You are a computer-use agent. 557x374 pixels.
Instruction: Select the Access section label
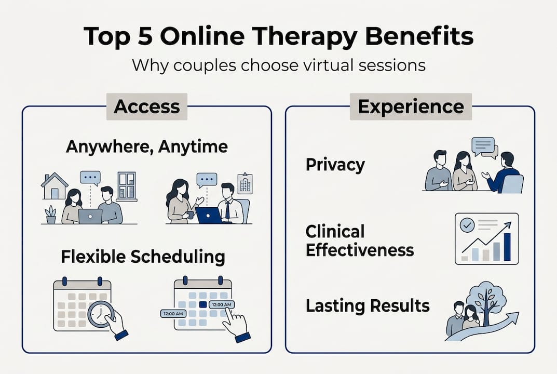[x=146, y=106]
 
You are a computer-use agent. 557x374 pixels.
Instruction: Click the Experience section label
[x=411, y=106]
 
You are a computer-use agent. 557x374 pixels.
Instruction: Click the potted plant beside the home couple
[x=51, y=214]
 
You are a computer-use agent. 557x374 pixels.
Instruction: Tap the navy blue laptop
[x=209, y=215]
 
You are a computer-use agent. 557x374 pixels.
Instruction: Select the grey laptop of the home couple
[x=90, y=216]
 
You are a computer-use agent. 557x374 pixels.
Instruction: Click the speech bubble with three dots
[x=90, y=178]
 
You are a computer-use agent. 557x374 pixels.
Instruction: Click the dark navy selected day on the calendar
[x=203, y=304]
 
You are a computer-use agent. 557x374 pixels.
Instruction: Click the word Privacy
[x=335, y=165]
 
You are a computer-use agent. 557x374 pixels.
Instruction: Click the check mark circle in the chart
[x=466, y=225]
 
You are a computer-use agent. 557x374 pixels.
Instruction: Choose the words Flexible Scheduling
[x=143, y=257]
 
